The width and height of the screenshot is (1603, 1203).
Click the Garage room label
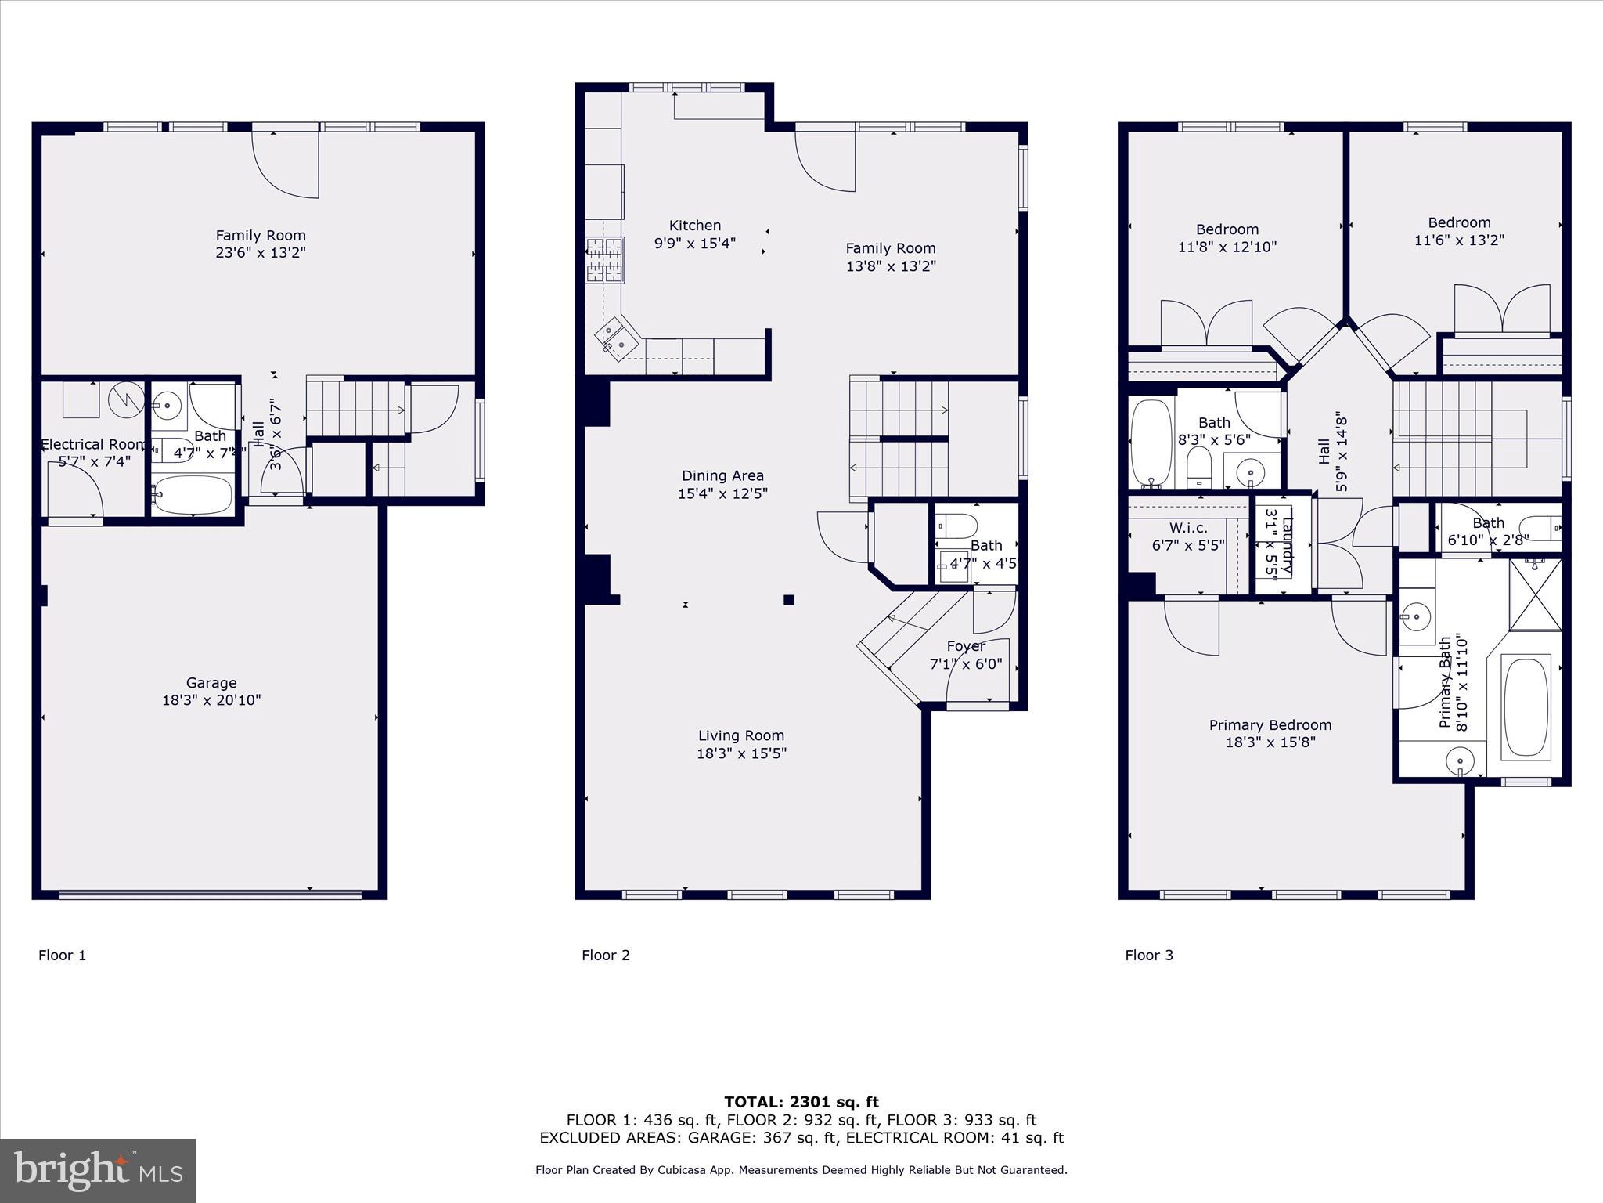[211, 683]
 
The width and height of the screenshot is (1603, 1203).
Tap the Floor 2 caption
[605, 955]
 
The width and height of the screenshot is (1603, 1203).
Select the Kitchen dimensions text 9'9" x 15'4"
[694, 244]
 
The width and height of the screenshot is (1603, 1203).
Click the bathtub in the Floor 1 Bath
[193, 495]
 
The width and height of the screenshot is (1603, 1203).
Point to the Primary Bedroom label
[1270, 725]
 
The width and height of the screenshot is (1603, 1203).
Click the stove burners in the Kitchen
[604, 260]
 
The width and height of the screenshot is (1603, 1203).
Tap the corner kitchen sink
[614, 338]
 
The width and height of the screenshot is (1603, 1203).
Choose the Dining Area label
[722, 475]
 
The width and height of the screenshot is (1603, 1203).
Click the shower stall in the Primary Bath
[1535, 594]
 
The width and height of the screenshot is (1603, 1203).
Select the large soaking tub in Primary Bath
[1526, 707]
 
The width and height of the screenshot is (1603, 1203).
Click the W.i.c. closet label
[1188, 528]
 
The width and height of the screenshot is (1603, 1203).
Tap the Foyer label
[965, 646]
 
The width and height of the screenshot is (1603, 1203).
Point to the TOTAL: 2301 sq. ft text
[801, 1102]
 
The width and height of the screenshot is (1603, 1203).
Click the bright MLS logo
[98, 1171]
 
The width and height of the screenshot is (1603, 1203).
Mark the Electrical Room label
[93, 445]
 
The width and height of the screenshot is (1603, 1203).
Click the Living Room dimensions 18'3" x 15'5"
[740, 753]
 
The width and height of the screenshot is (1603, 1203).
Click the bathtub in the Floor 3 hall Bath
[1150, 443]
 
